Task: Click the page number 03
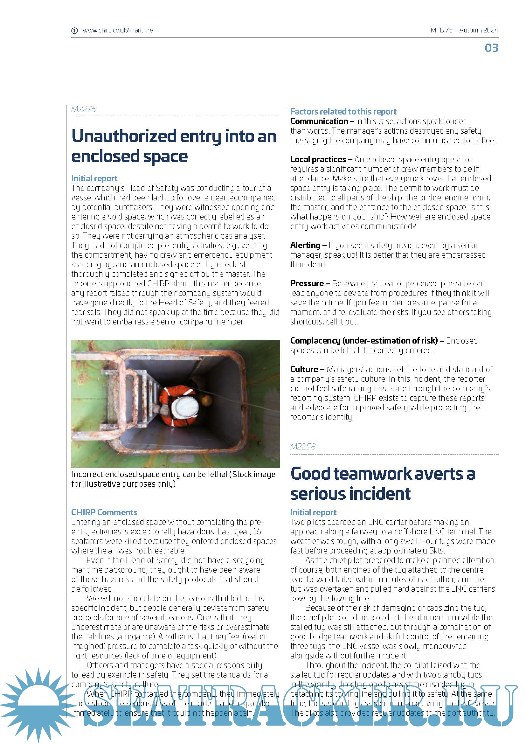491,48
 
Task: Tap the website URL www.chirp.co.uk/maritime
118,31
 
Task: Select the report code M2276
83,109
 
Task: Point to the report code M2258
302,447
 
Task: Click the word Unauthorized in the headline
124,136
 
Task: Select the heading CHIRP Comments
104,512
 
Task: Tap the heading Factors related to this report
343,112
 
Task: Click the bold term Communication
319,121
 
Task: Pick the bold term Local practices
318,159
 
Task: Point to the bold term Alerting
305,245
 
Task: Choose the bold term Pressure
307,283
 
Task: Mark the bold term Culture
304,369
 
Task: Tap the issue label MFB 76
441,31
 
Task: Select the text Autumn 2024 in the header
478,31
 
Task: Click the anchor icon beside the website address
74,31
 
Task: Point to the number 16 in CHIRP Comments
257,532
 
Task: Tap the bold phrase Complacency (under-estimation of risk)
364,341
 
